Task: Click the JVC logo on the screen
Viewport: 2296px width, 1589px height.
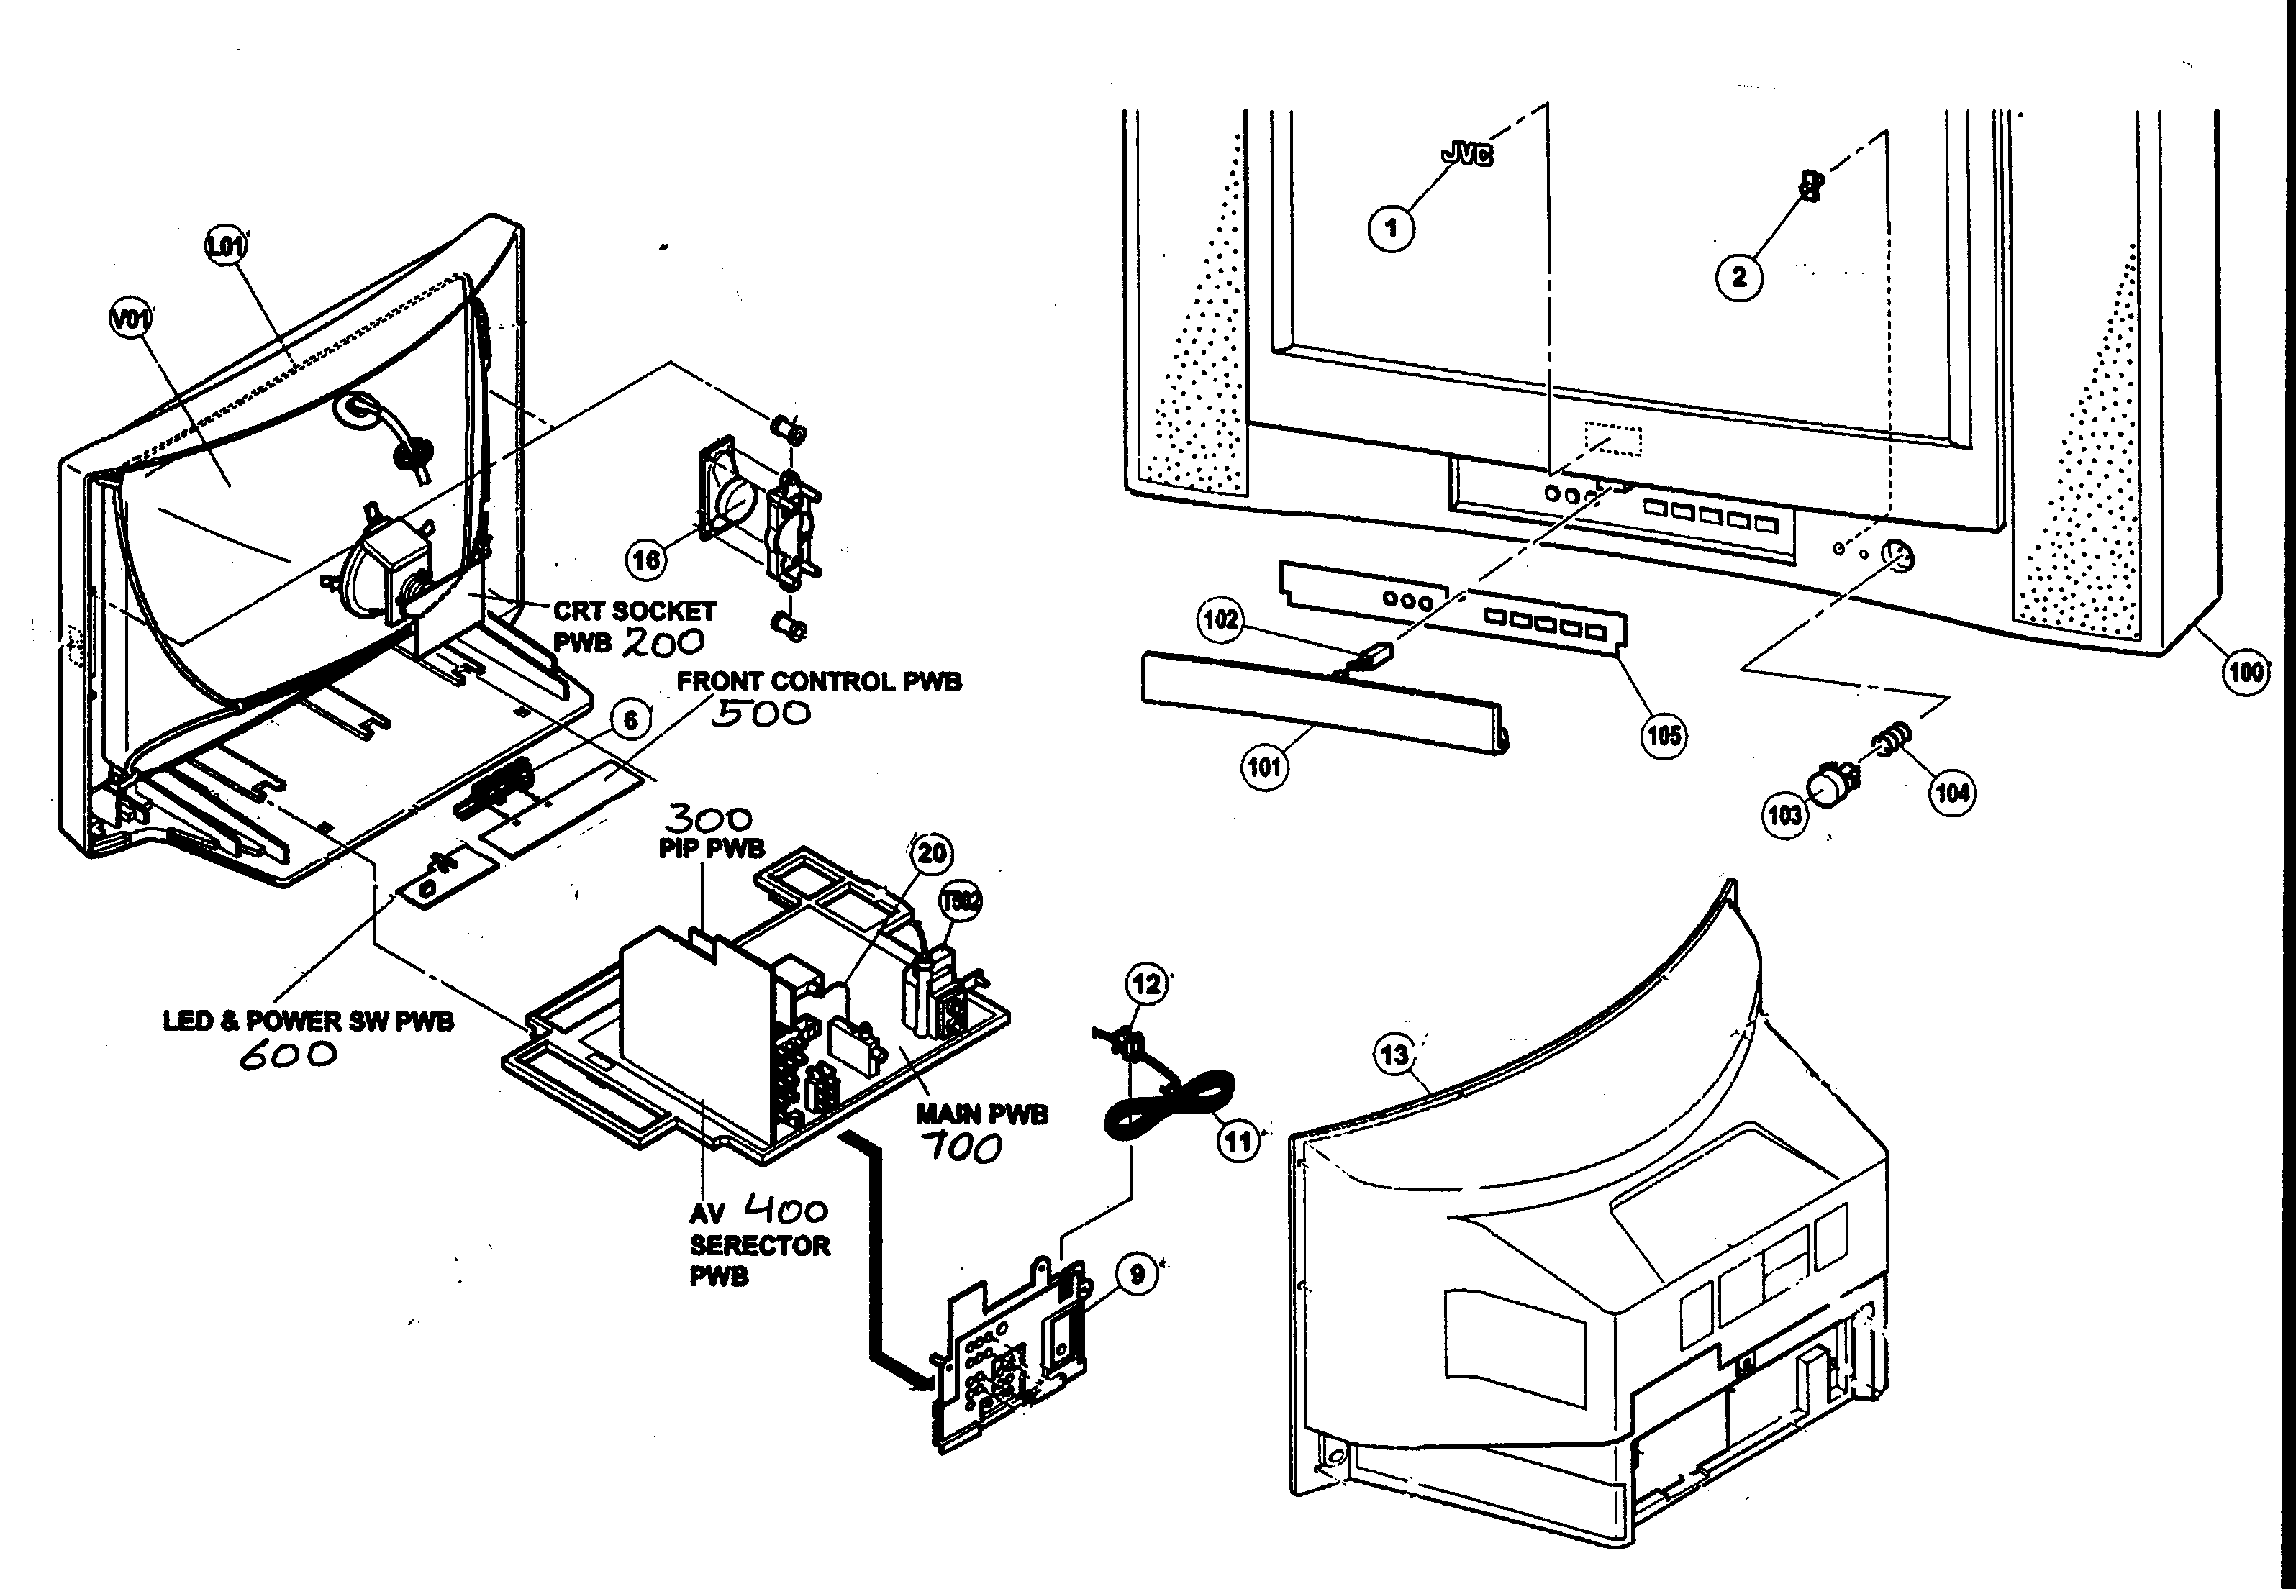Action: (1466, 153)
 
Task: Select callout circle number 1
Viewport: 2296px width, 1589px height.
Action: (1391, 229)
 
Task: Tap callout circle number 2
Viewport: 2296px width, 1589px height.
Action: (1738, 275)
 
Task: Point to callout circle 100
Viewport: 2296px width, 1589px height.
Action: (2245, 671)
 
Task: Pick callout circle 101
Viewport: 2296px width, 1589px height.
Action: (1264, 768)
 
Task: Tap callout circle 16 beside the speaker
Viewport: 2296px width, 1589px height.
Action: (646, 560)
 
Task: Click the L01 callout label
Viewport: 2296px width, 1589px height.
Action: (226, 245)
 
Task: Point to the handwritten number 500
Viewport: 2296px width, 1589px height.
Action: (761, 713)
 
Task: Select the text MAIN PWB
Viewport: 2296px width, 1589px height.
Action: (981, 1114)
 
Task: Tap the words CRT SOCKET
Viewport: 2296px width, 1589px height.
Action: (634, 610)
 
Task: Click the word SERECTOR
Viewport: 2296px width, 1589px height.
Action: (760, 1245)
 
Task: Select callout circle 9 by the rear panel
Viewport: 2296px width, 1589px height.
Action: (1137, 1273)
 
